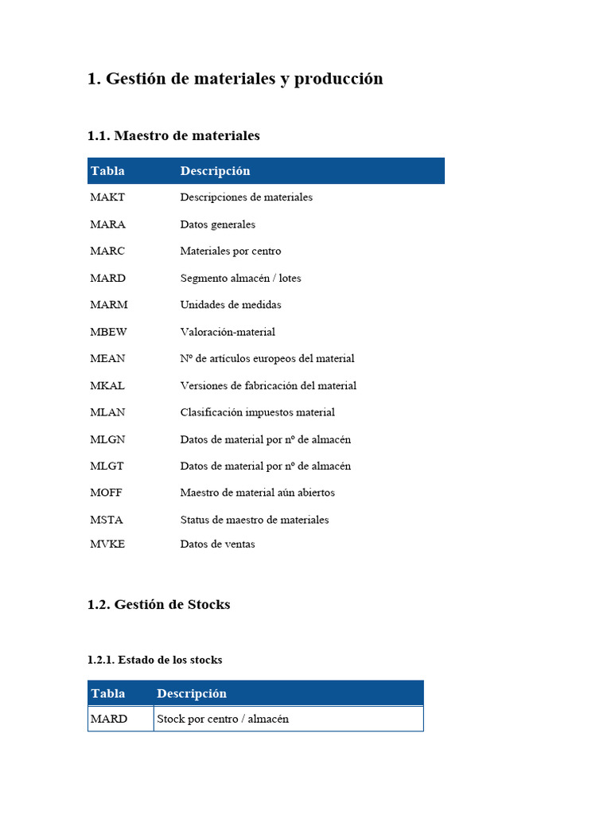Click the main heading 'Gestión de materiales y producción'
(235, 79)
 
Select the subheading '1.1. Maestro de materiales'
(173, 136)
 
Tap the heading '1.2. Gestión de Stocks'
(158, 605)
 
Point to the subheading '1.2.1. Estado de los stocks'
(154, 660)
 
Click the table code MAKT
(107, 197)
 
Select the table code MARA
(107, 224)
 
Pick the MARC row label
(107, 252)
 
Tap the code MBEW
(109, 332)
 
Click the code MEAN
(107, 359)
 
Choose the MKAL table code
(107, 386)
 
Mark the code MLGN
(107, 439)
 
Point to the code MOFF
(107, 493)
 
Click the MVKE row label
(107, 544)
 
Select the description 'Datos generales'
(218, 224)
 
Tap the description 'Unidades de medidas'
(231, 305)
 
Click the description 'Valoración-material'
(228, 332)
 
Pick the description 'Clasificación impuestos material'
(258, 412)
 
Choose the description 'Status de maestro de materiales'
(255, 520)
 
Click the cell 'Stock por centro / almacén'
(223, 719)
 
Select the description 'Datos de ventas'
(218, 544)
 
